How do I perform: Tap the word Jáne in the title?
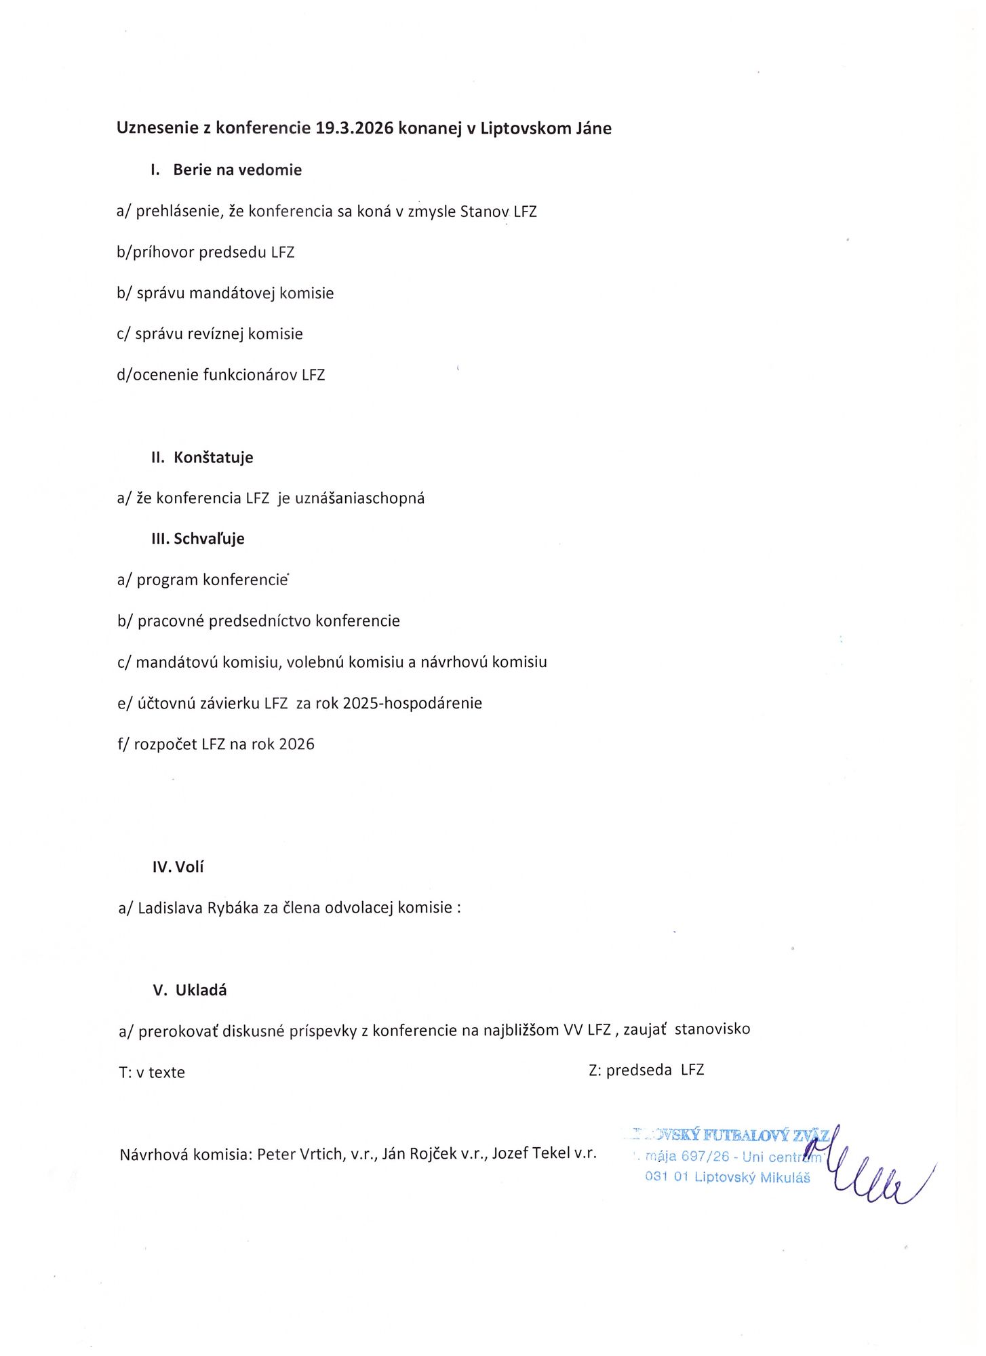click(593, 128)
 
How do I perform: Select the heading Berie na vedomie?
click(237, 169)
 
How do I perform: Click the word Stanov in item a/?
click(484, 211)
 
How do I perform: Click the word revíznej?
click(211, 334)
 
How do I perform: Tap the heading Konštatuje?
click(213, 457)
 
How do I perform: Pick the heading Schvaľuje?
click(209, 538)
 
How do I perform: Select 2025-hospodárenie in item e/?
click(412, 703)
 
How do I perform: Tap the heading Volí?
click(189, 866)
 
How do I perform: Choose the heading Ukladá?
click(201, 990)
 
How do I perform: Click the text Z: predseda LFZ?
click(646, 1070)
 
